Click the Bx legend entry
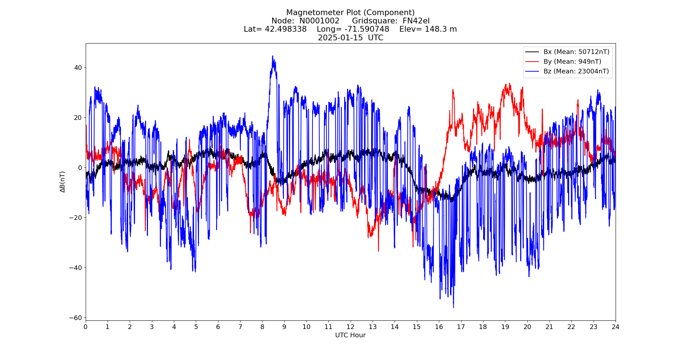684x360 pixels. (576, 52)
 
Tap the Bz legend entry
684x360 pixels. (576, 71)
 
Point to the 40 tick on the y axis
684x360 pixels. (78, 67)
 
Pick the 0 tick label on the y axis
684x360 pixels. (80, 167)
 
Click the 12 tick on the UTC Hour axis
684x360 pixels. (350, 327)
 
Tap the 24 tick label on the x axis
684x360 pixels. (615, 327)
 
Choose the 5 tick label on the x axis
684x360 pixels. (196, 327)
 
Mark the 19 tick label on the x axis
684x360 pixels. (505, 327)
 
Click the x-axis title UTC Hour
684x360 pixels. (350, 335)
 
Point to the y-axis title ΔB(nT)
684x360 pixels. (63, 182)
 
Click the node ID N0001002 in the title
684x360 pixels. (319, 21)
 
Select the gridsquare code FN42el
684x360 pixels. (416, 21)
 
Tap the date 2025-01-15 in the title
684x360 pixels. (340, 38)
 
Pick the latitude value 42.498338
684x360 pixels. (285, 29)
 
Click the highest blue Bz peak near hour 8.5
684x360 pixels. (273, 56)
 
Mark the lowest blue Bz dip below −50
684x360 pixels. (453, 307)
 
